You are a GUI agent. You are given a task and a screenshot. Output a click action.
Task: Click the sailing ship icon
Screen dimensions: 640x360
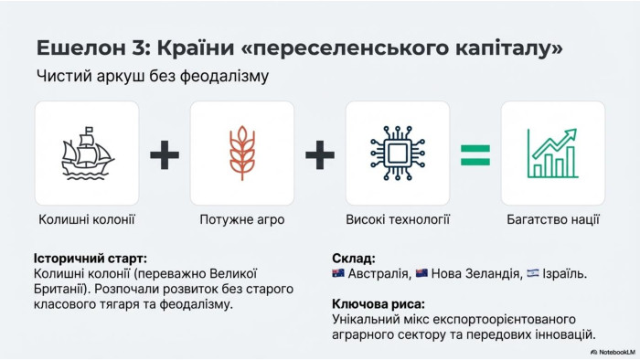87,154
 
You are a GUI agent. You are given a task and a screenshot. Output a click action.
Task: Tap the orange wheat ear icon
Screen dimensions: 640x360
242,153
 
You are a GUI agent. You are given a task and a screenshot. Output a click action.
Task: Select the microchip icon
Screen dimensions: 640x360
398,154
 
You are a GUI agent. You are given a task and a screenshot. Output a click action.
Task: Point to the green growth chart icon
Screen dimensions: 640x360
552,154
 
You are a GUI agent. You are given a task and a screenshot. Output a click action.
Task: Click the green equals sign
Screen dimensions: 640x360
475,155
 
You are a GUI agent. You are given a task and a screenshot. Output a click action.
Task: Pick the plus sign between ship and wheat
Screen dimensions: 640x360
165,155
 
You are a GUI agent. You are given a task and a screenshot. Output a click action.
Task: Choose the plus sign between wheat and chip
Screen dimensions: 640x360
320,155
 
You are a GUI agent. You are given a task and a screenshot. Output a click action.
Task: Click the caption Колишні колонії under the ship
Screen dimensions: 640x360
87,220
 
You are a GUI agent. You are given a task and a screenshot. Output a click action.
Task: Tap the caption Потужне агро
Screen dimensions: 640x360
242,220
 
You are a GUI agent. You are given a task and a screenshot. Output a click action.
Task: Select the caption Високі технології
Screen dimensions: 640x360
398,220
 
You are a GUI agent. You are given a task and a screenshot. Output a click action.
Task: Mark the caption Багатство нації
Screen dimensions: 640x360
553,220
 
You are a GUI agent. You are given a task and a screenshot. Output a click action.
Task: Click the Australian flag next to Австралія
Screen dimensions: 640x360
338,273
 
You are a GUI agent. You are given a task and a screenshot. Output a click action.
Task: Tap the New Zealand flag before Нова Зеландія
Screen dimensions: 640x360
421,273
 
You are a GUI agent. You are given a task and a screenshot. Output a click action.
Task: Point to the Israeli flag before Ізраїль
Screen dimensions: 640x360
533,273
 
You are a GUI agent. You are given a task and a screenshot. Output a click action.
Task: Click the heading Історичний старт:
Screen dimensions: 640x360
91,259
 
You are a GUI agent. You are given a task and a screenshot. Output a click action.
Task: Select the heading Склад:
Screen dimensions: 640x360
354,259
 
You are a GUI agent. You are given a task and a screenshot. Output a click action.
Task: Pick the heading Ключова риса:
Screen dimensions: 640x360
379,304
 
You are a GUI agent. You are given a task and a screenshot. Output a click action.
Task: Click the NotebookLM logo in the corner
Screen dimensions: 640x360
613,352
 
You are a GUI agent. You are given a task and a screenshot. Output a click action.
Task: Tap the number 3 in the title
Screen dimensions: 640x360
138,48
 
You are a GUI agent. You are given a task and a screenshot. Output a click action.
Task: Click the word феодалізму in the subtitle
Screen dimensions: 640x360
224,77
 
